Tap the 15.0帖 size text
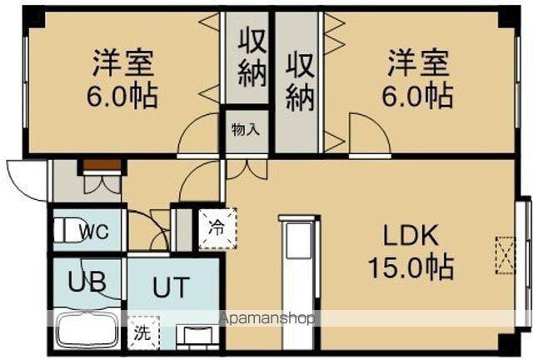[x=412, y=267]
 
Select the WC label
[x=91, y=231]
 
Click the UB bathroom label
[x=86, y=282]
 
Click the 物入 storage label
[x=245, y=129]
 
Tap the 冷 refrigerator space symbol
[x=216, y=227]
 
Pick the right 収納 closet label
[x=301, y=81]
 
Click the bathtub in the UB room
[x=87, y=332]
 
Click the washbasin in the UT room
[x=200, y=335]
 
